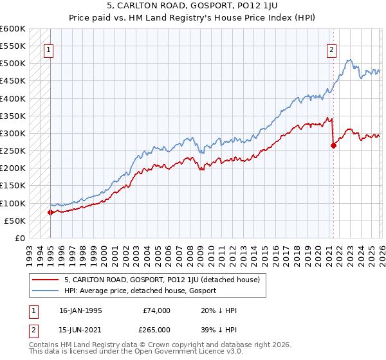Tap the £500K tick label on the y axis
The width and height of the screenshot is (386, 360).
coord(13,64)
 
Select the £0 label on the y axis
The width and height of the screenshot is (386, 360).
coord(19,238)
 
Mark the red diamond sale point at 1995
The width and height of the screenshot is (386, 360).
coord(50,212)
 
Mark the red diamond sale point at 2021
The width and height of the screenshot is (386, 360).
coord(333,145)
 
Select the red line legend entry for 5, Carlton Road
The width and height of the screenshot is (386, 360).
coord(162,280)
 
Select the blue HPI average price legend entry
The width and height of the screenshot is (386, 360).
coord(140,291)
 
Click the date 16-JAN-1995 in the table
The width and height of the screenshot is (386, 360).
coord(82,310)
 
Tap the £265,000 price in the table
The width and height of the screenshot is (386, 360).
coord(157,330)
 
